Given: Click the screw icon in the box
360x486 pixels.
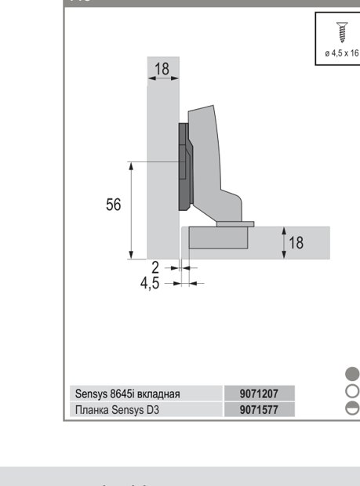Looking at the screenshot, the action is pos(342,32).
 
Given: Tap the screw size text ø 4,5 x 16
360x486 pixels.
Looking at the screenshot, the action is pos(342,53).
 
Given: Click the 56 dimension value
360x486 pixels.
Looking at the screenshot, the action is pos(113,205).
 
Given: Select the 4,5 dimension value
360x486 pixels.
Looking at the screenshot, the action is pos(150,283).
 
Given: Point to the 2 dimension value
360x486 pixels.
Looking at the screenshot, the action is pos(155,267).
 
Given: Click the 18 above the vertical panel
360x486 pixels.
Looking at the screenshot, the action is pos(162,69).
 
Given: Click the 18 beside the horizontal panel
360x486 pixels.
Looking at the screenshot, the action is pos(296,242).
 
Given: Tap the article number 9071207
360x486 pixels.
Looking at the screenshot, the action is pos(259,394).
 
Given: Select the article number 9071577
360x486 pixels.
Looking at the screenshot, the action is pos(259,410).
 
